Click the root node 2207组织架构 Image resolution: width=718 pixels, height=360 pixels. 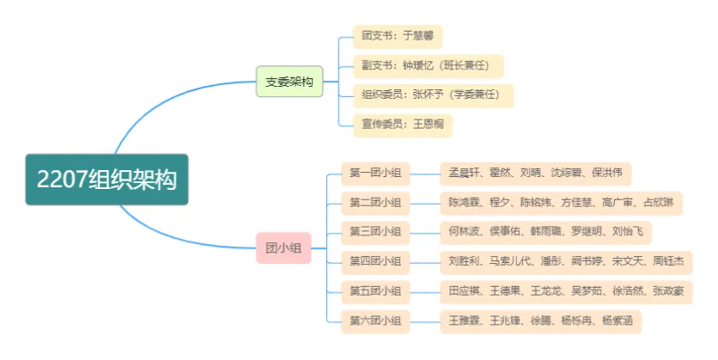(106, 179)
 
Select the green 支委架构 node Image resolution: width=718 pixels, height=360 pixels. (289, 82)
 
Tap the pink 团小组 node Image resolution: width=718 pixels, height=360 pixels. (283, 247)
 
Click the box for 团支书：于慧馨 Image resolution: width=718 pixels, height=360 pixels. (397, 37)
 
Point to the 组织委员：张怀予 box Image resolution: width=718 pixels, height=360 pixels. (433, 95)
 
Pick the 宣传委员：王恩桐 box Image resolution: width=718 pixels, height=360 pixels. (401, 124)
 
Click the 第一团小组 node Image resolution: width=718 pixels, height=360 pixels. (375, 174)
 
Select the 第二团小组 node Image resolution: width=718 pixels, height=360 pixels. (375, 203)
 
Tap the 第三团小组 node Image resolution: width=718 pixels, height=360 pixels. (375, 231)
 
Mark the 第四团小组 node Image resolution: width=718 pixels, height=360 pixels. (375, 261)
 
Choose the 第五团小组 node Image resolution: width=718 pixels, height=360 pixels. (375, 290)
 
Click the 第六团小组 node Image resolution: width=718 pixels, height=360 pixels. (375, 320)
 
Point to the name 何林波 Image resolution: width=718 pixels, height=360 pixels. (465, 231)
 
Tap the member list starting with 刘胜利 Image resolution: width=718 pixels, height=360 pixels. (565, 261)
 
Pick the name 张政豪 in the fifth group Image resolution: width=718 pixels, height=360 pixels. (667, 290)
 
